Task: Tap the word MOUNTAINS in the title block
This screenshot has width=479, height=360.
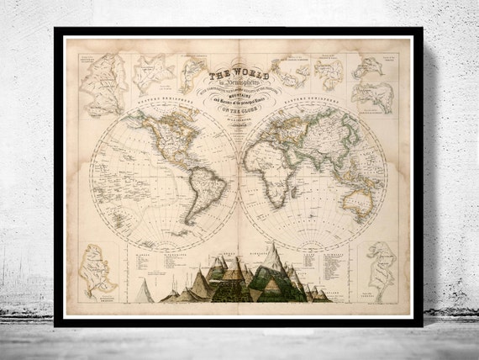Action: click(239, 96)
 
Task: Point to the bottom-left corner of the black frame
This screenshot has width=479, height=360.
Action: click(55, 325)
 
